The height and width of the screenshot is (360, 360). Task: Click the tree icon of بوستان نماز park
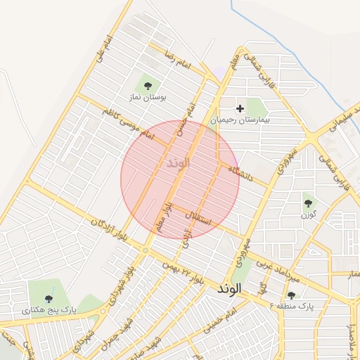click(x=148, y=86)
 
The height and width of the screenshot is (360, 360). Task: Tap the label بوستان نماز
click(x=148, y=98)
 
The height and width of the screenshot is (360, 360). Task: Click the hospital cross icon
click(x=240, y=108)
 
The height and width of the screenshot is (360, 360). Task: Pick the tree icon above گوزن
click(x=308, y=202)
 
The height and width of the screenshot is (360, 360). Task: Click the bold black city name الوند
click(x=229, y=289)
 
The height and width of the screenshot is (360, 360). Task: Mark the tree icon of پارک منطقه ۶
click(x=291, y=295)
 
